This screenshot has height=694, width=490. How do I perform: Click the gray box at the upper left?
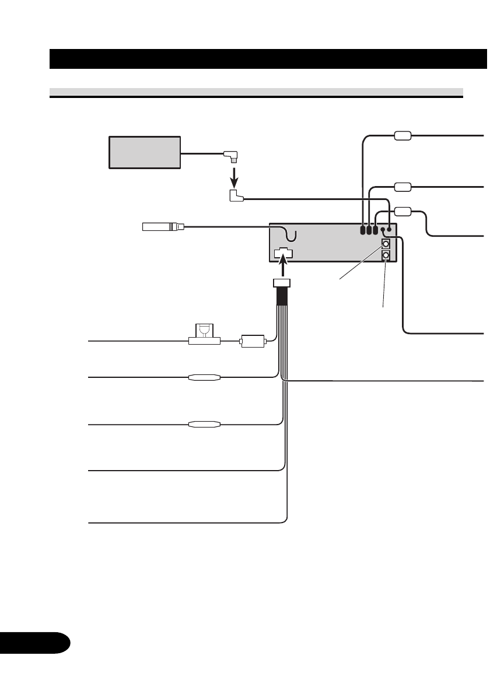click(145, 152)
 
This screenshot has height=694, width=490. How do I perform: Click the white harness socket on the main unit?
click(283, 254)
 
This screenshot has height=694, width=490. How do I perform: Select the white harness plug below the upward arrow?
click(282, 285)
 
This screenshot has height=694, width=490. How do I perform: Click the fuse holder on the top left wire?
click(204, 336)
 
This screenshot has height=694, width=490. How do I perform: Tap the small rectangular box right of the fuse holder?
click(252, 341)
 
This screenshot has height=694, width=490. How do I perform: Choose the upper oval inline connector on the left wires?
click(204, 377)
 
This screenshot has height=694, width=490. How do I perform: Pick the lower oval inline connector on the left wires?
click(204, 425)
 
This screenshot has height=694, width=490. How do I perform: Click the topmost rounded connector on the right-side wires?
click(403, 136)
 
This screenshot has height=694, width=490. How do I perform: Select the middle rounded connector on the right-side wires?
click(403, 187)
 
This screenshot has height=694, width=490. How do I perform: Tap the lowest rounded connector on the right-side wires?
click(403, 211)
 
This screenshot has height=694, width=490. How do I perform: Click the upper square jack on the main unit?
click(386, 244)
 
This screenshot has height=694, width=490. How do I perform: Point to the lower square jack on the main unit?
click(386, 255)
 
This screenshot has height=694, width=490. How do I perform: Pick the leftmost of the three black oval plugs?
click(363, 230)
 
